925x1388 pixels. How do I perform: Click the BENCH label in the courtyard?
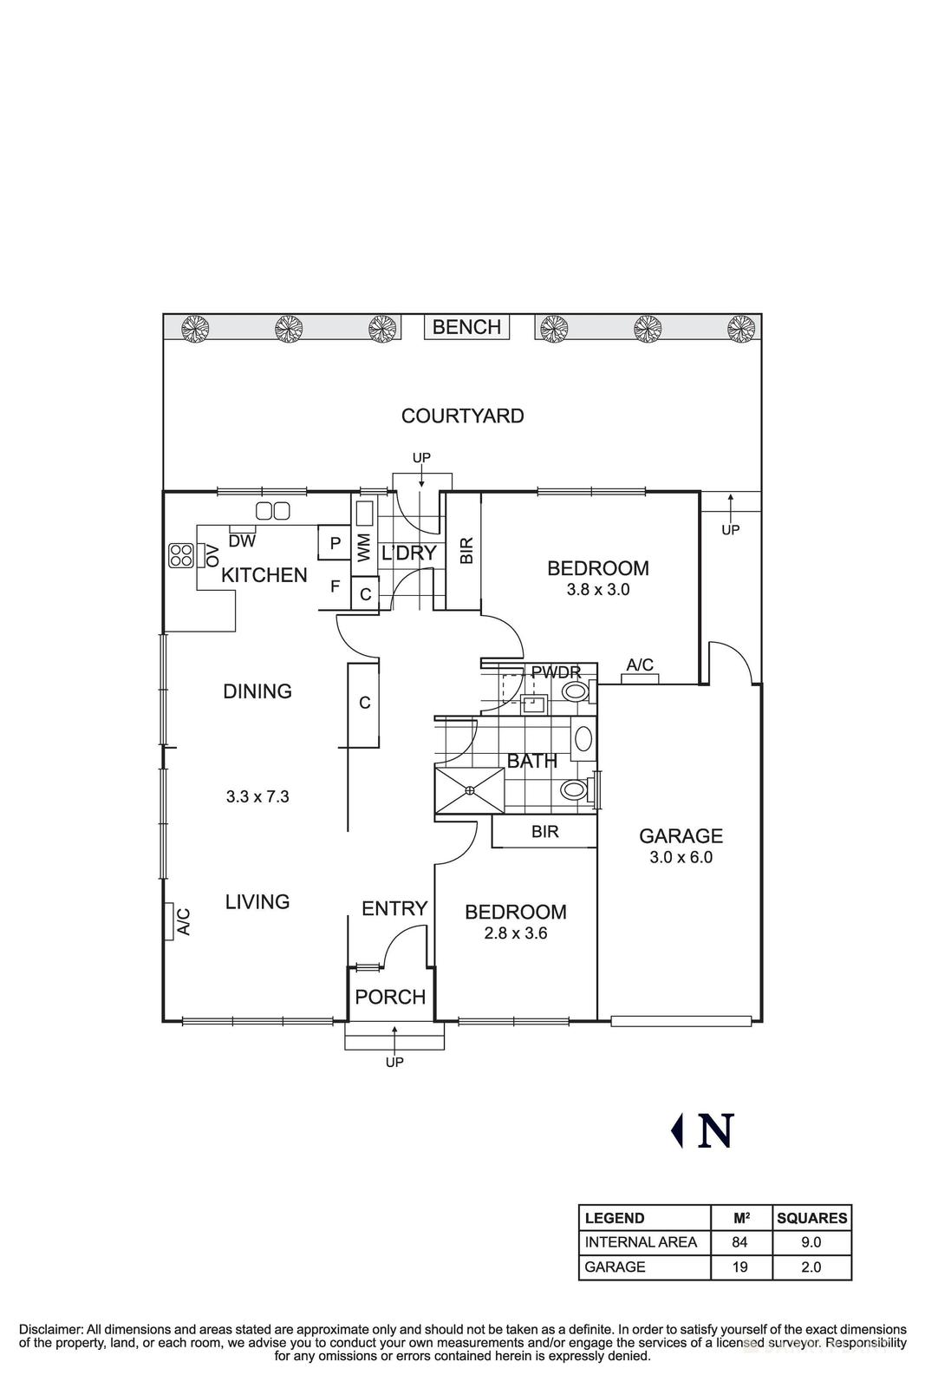point(466,327)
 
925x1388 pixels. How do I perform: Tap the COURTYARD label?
point(462,416)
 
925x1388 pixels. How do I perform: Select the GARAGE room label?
point(681,836)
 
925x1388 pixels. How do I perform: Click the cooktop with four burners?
point(180,555)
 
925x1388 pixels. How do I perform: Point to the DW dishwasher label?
point(242,541)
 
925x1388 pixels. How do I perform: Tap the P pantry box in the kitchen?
point(335,544)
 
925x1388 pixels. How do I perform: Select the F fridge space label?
point(335,586)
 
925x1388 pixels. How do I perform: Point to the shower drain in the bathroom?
point(469,790)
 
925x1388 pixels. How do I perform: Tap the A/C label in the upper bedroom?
point(640,665)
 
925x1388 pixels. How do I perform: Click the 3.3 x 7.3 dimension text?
point(257,796)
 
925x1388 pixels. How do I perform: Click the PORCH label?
point(390,997)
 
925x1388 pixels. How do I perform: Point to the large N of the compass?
point(716,1130)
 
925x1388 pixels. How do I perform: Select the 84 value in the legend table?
point(739,1242)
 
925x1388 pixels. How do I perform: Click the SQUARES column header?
point(811,1218)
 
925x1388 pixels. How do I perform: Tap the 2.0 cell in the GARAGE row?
point(811,1267)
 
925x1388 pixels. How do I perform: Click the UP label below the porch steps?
point(394,1062)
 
